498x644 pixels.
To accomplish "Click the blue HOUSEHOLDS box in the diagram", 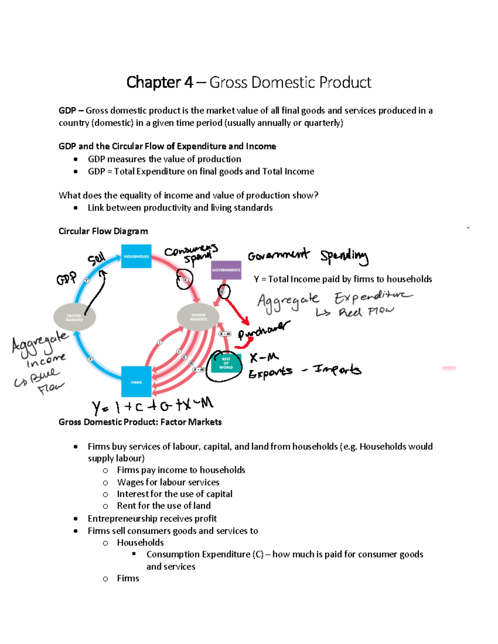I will point(136,256).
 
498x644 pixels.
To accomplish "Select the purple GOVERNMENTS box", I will point(226,270).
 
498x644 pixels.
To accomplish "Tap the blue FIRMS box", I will point(136,382).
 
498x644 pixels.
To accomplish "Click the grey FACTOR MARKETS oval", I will point(75,317).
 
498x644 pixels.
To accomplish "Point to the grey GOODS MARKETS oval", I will point(198,317).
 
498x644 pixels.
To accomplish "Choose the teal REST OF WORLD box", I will point(226,363).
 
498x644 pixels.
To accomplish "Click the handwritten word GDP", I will point(66,278).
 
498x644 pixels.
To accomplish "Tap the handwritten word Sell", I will point(96,260).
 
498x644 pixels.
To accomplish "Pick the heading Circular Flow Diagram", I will point(103,231).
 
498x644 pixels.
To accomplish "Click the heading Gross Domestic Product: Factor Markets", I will point(140,422).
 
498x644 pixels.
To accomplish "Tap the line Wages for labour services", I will point(168,482).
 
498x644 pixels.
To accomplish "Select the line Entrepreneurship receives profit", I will point(152,518).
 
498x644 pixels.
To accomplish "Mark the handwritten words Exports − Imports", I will point(305,370).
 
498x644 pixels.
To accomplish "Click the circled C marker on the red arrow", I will point(186,280).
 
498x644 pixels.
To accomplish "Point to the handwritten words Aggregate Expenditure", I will point(334,299).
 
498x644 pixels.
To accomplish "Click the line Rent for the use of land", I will point(164,505).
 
